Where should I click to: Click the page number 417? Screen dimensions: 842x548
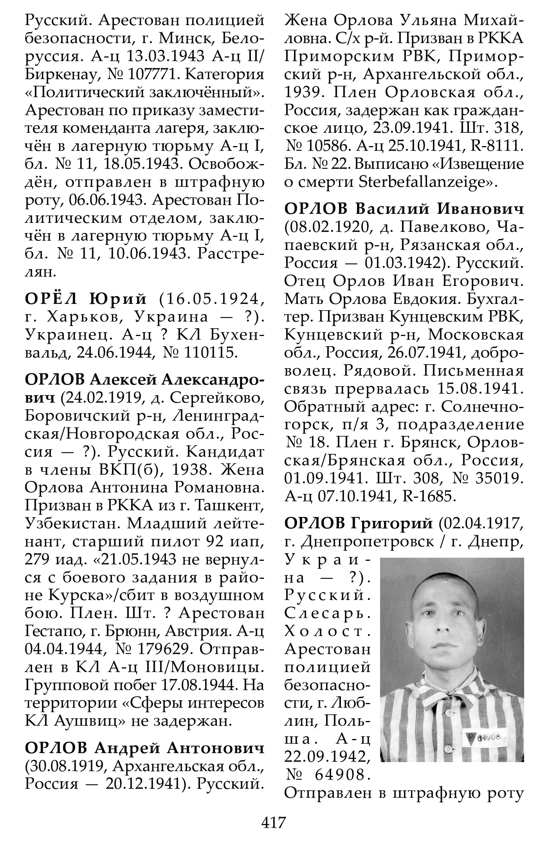pyautogui.click(x=274, y=821)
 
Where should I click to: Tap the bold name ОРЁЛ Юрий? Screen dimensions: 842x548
pyautogui.click(x=86, y=300)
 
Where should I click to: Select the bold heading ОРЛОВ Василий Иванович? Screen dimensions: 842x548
pyautogui.click(x=404, y=210)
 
